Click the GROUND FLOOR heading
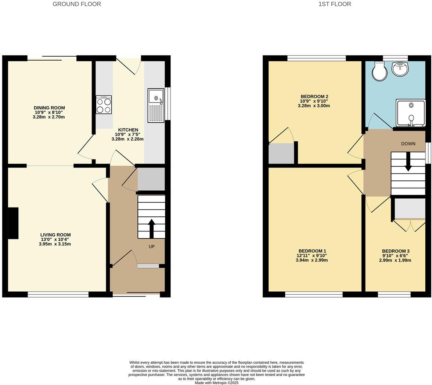pos(77,4)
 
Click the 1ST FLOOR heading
pos(334,4)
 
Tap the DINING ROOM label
pos(49,108)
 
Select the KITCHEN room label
pos(128,130)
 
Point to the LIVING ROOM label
pos(55,235)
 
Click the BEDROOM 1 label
pos(312,251)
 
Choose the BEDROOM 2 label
pos(314,97)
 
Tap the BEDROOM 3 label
pos(395,251)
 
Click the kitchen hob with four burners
pos(104,105)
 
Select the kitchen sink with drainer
pos(156,105)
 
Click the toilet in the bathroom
pos(379,71)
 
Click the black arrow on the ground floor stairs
pos(151,229)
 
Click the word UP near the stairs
pos(151,247)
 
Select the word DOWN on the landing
pos(408,144)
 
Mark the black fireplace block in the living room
pos(13,223)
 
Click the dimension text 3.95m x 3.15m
pos(55,244)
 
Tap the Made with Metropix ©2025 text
pos(216,383)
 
